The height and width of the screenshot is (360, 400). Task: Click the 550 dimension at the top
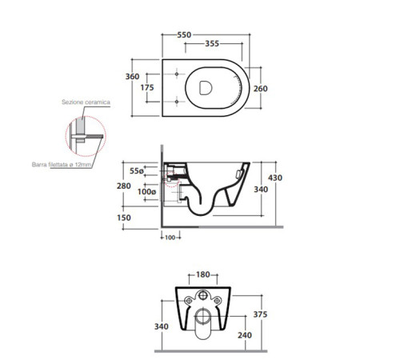[x=184, y=35]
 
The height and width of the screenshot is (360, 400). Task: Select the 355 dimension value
[x=212, y=43]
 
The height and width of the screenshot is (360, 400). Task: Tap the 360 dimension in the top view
[x=132, y=77]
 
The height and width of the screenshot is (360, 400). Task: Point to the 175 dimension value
[x=147, y=87]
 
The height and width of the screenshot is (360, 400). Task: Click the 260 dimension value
[x=261, y=89]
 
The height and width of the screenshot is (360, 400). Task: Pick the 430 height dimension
[x=275, y=178]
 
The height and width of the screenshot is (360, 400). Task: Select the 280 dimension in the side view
[x=124, y=186]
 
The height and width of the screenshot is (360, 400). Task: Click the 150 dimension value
[x=124, y=218]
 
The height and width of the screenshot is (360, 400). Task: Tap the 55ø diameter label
[x=137, y=170]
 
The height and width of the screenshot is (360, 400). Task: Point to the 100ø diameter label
[x=146, y=191]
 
